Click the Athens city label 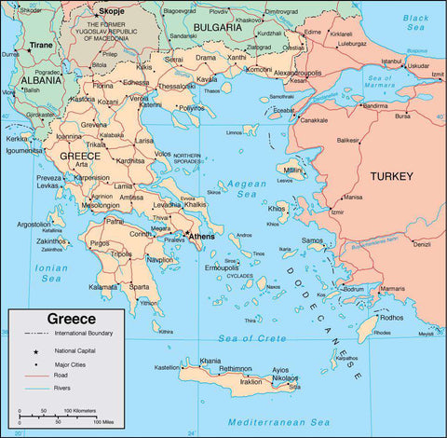coord(202,237)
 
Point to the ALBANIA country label coord(41,81)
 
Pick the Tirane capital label coord(41,44)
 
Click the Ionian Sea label coord(50,272)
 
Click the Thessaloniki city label coord(176,86)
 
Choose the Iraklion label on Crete coord(251,381)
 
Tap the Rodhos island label coord(392,316)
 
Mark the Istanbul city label coord(391,62)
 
